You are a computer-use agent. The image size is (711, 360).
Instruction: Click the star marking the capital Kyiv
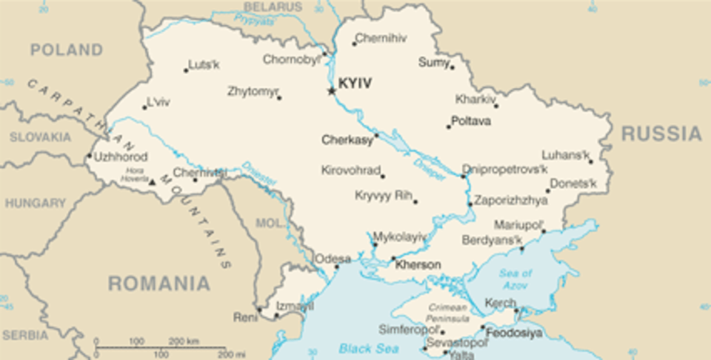tap(331, 90)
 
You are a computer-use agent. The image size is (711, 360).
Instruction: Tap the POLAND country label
tap(66, 50)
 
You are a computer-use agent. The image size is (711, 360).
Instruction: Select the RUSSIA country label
tap(661, 134)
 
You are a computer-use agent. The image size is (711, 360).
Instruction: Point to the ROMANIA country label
tap(158, 283)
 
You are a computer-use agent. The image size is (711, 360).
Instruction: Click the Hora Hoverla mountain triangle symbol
tap(153, 181)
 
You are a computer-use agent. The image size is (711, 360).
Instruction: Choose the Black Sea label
tap(369, 347)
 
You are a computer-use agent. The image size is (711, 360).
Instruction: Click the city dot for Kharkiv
tap(495, 105)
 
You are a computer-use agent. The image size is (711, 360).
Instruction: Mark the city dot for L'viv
tap(144, 107)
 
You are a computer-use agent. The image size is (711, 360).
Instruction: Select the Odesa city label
tap(333, 259)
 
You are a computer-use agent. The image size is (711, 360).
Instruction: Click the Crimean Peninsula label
tap(447, 313)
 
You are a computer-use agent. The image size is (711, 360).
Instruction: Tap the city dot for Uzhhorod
tap(89, 156)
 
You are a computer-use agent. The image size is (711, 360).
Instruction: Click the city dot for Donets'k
tap(548, 190)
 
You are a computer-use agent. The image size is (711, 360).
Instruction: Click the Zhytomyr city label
tap(253, 92)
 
